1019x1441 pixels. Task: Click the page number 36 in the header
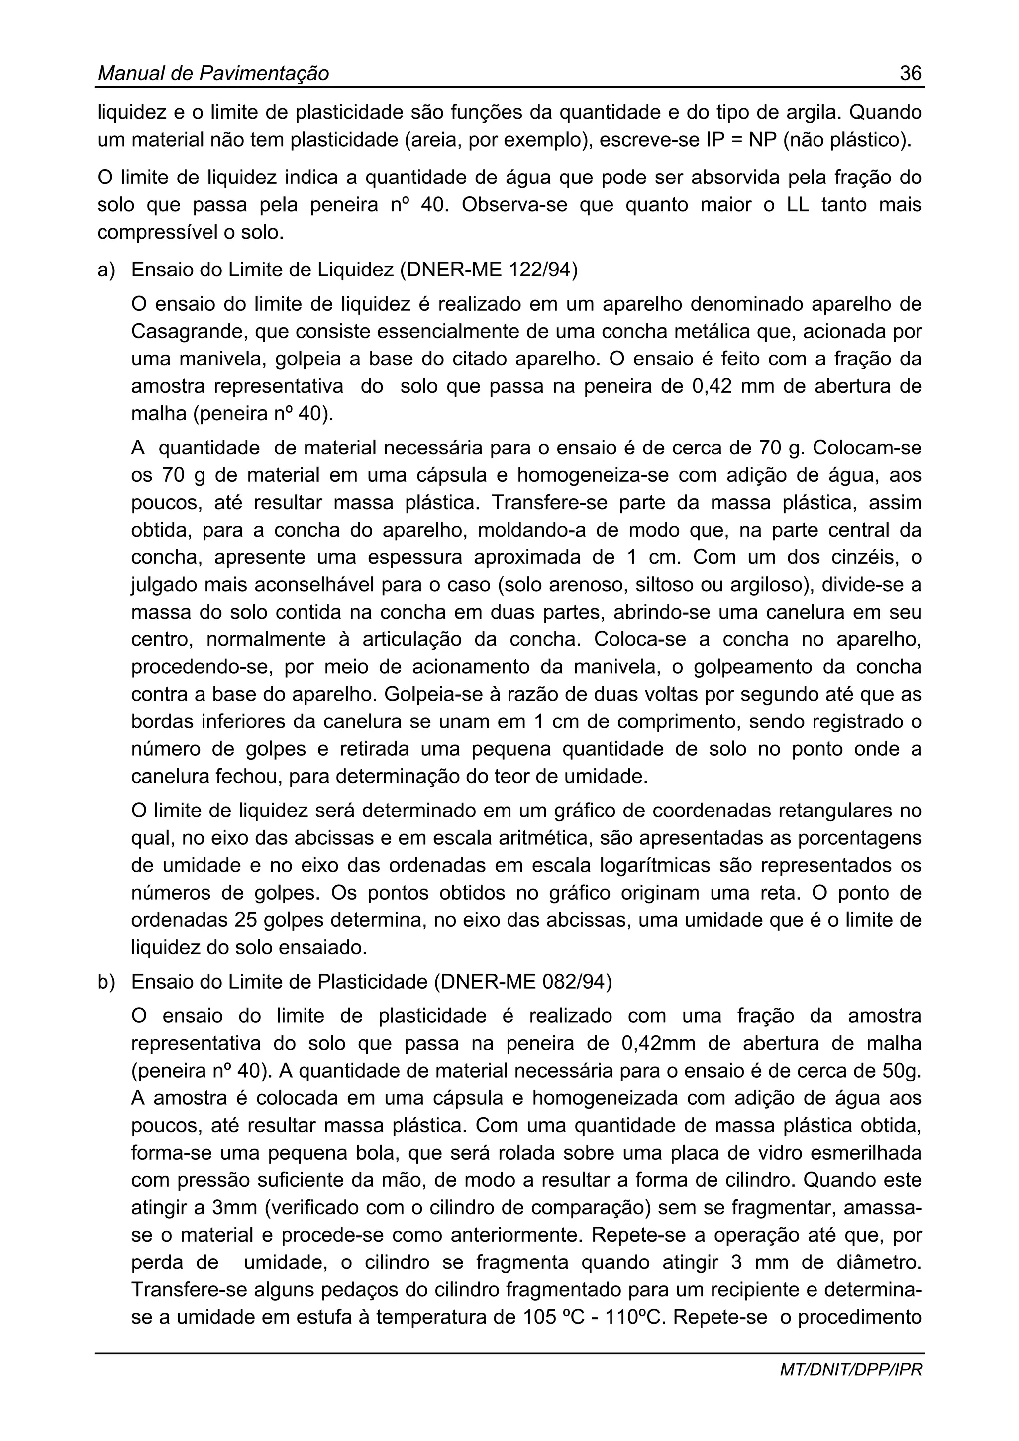pyautogui.click(x=911, y=74)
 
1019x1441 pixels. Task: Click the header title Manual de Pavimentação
pyautogui.click(x=213, y=74)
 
